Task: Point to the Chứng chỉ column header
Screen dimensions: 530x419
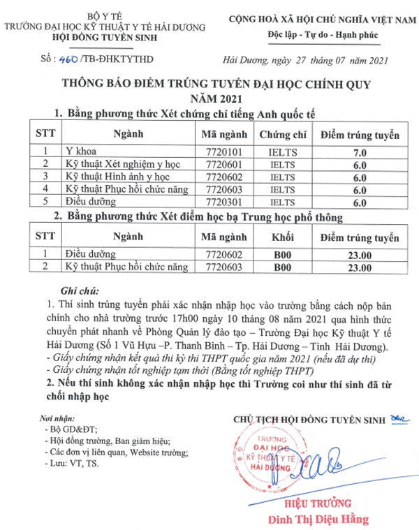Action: pyautogui.click(x=283, y=133)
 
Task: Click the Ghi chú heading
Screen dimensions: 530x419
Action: pyautogui.click(x=76, y=290)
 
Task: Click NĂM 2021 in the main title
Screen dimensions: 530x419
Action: pyautogui.click(x=209, y=98)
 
